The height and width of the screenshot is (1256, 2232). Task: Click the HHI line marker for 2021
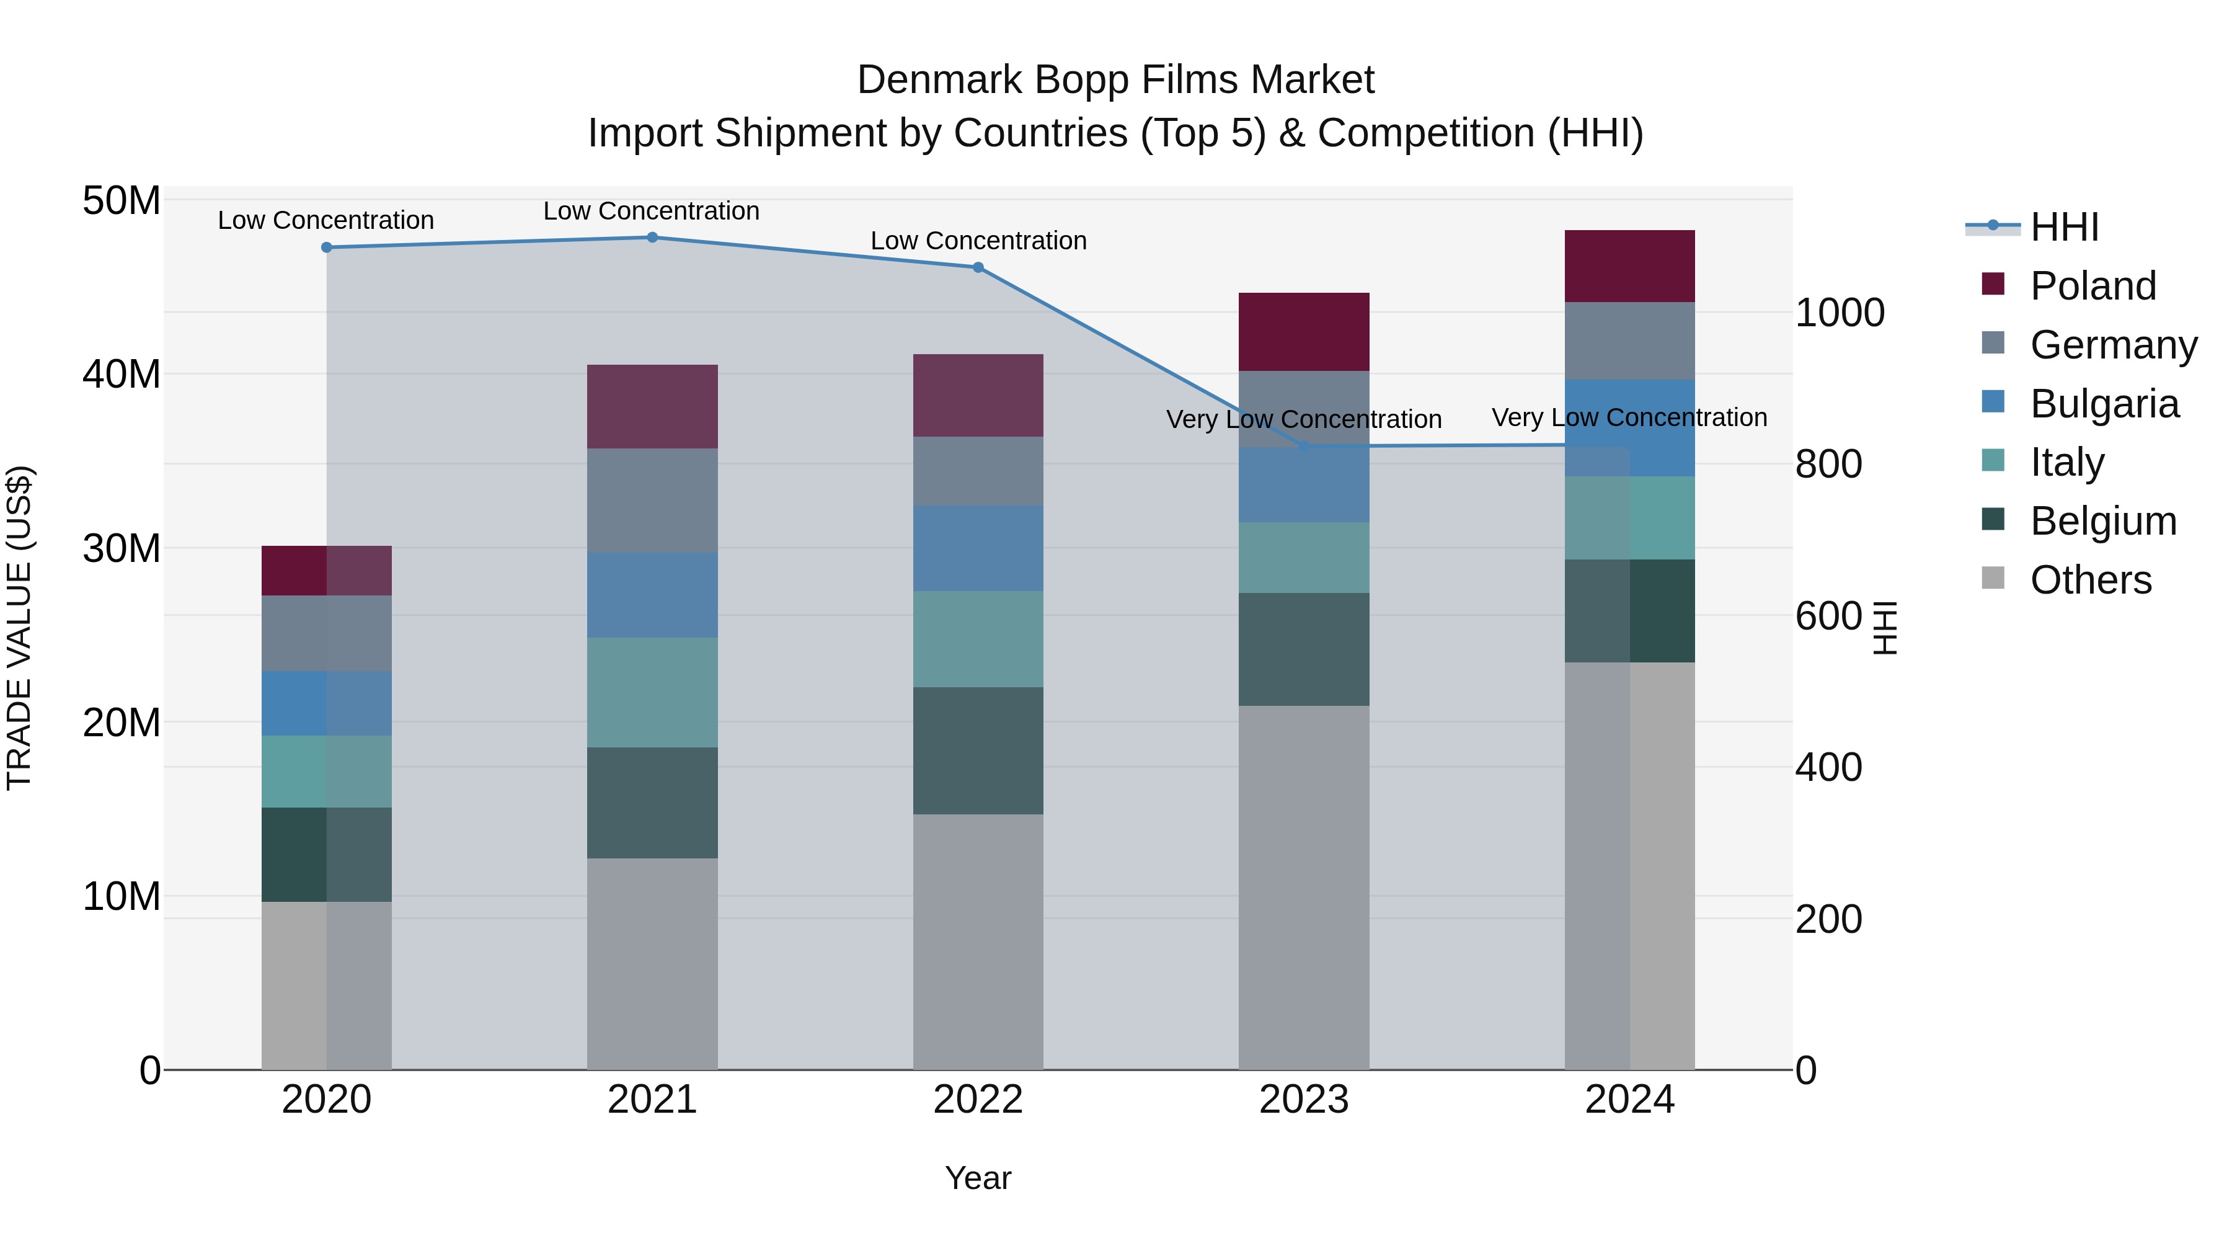(652, 237)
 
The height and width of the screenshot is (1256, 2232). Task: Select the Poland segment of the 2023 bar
(1303, 331)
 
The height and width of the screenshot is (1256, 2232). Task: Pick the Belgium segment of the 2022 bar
(978, 750)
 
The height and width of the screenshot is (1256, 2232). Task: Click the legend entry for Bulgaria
(2103, 404)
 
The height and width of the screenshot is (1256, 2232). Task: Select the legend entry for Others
(2090, 580)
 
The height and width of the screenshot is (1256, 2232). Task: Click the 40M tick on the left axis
(122, 375)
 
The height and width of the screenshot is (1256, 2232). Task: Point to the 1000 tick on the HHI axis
(1839, 313)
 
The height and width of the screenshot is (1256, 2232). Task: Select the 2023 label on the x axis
(1303, 1100)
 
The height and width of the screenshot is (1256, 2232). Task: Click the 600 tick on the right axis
(1828, 617)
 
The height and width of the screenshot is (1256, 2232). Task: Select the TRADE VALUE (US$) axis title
(19, 628)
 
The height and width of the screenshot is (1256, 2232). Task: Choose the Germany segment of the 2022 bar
(978, 471)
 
